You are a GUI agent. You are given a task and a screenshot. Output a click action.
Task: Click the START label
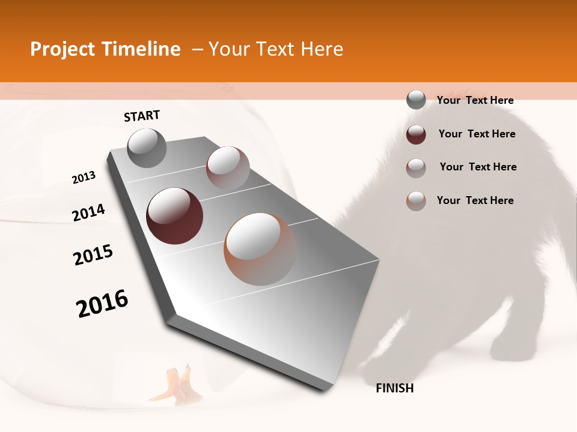[x=142, y=116]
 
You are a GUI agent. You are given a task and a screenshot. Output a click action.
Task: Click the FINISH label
[x=395, y=388]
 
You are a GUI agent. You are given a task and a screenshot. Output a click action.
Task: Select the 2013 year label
[x=84, y=178]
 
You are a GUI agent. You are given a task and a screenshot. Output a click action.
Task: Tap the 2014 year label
[x=88, y=213]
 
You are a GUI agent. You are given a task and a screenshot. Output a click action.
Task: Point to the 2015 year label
[x=93, y=255]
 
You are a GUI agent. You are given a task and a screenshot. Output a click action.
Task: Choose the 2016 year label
[x=102, y=304]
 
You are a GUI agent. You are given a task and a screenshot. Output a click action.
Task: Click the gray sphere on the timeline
[x=147, y=148]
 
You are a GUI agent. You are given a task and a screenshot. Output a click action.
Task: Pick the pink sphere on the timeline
[x=228, y=167]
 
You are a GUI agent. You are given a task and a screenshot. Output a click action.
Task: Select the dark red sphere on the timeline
[x=175, y=216]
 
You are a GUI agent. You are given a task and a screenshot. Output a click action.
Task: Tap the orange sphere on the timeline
[x=260, y=249]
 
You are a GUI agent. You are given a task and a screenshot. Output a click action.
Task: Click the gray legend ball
[x=416, y=100]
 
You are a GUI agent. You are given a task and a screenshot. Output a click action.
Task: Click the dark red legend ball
[x=416, y=134]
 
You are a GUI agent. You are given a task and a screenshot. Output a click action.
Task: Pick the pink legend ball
[x=416, y=168]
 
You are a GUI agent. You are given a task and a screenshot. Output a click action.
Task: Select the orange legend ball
[x=416, y=201]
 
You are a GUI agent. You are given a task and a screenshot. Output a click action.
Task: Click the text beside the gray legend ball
[x=475, y=100]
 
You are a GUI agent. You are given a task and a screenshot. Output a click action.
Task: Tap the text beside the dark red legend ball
[x=477, y=134]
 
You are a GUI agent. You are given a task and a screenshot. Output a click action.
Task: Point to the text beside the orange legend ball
[x=475, y=200]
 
